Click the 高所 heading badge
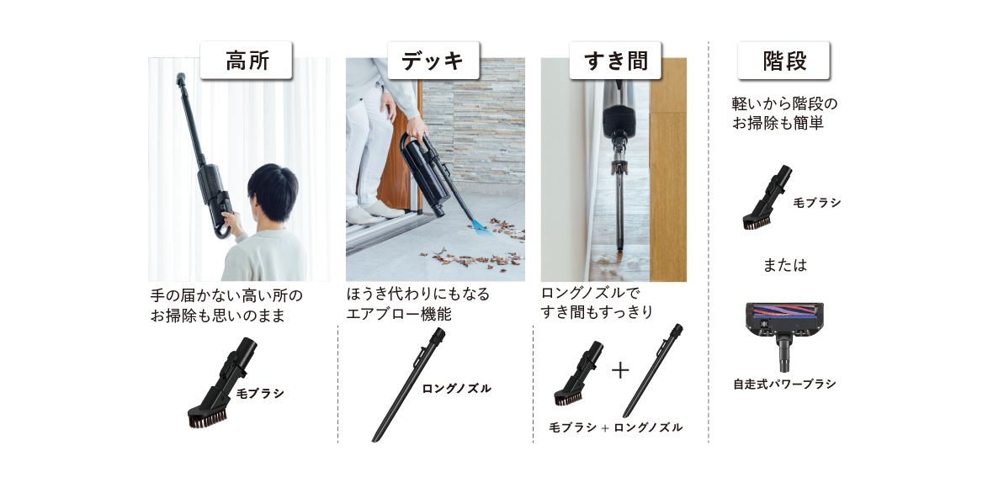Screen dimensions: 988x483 (247, 61)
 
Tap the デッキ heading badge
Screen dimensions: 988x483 (433, 61)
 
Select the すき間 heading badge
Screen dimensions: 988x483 (616, 61)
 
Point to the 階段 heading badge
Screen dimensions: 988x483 (783, 61)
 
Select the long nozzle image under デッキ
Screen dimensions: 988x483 (408, 385)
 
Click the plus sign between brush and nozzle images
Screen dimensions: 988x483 (620, 370)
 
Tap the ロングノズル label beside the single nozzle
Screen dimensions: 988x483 (456, 389)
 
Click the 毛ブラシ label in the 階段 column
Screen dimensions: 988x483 (816, 203)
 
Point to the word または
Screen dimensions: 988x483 (784, 266)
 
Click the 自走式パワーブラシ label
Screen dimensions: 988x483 (784, 384)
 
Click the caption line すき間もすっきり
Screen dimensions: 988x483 (597, 311)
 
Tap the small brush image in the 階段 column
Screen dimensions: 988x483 (767, 196)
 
